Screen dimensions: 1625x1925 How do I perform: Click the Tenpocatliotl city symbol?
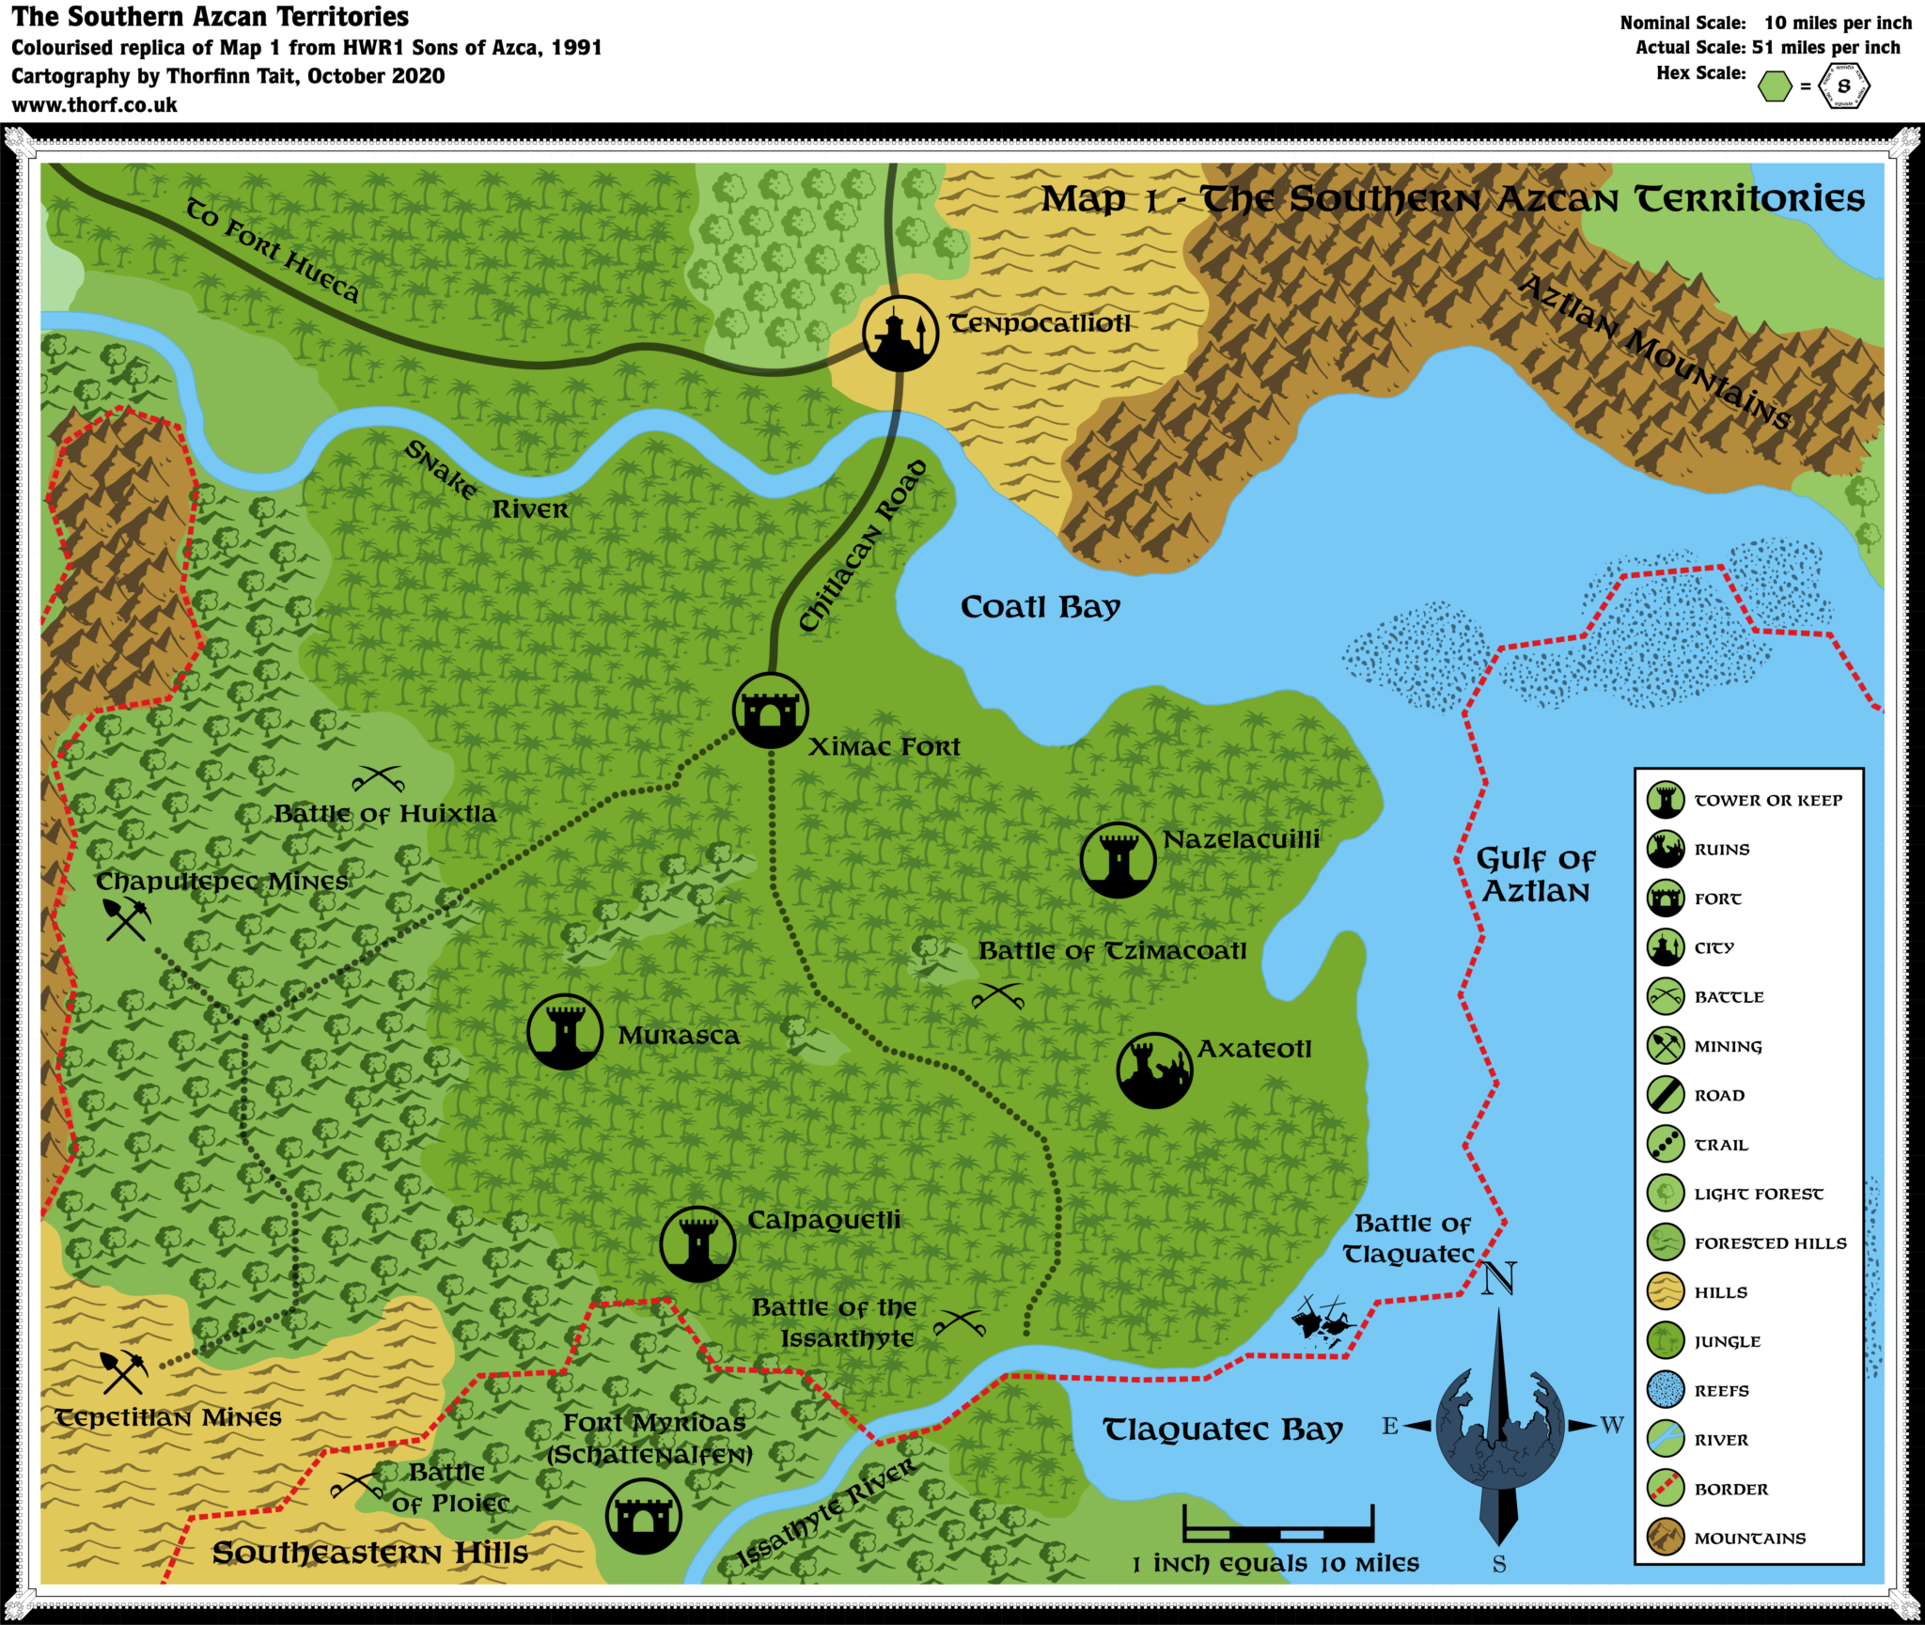click(x=900, y=334)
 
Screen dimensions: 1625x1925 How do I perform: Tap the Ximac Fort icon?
click(x=771, y=711)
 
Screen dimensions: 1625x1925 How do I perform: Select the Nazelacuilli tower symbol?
click(x=1118, y=860)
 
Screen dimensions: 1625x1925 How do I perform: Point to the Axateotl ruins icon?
click(x=1154, y=1070)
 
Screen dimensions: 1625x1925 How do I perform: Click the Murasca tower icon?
click(x=564, y=1032)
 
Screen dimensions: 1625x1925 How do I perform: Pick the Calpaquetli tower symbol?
click(x=696, y=1243)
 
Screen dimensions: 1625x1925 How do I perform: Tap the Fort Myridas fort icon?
click(x=643, y=1516)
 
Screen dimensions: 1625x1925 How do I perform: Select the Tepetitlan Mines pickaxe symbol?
click(x=123, y=1372)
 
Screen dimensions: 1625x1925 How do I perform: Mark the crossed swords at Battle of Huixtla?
click(x=378, y=779)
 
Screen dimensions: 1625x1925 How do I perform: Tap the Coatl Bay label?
click(x=1040, y=607)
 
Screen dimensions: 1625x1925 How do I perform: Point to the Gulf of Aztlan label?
click(x=1535, y=874)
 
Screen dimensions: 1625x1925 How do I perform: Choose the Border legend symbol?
click(x=1666, y=1489)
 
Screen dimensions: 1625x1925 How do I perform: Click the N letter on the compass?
click(x=1498, y=1279)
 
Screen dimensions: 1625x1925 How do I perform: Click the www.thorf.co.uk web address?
click(x=95, y=104)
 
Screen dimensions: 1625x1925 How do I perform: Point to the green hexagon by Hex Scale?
click(x=1775, y=87)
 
